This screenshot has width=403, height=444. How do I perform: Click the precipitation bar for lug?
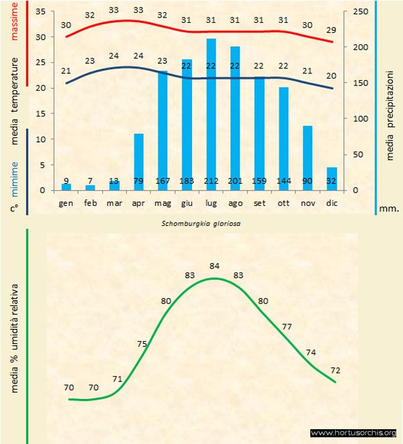coord(211,114)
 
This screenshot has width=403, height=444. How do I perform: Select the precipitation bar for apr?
coord(138,161)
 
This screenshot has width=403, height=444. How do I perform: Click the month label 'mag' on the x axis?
coord(163,202)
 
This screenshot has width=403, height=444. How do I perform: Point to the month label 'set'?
coord(259,202)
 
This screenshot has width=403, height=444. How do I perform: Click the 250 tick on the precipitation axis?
coord(361,12)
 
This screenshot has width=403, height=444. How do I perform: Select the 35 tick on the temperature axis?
coord(40,12)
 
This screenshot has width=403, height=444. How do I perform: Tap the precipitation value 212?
coord(211,180)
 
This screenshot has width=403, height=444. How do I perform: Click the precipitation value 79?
coord(138,180)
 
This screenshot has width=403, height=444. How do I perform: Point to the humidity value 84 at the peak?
coord(215,266)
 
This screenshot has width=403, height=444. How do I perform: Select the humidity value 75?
coord(142,344)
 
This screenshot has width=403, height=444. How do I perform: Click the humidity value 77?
coord(287,326)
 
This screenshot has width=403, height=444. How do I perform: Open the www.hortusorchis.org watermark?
coord(353,433)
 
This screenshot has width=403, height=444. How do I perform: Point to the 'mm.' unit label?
coord(389,208)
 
